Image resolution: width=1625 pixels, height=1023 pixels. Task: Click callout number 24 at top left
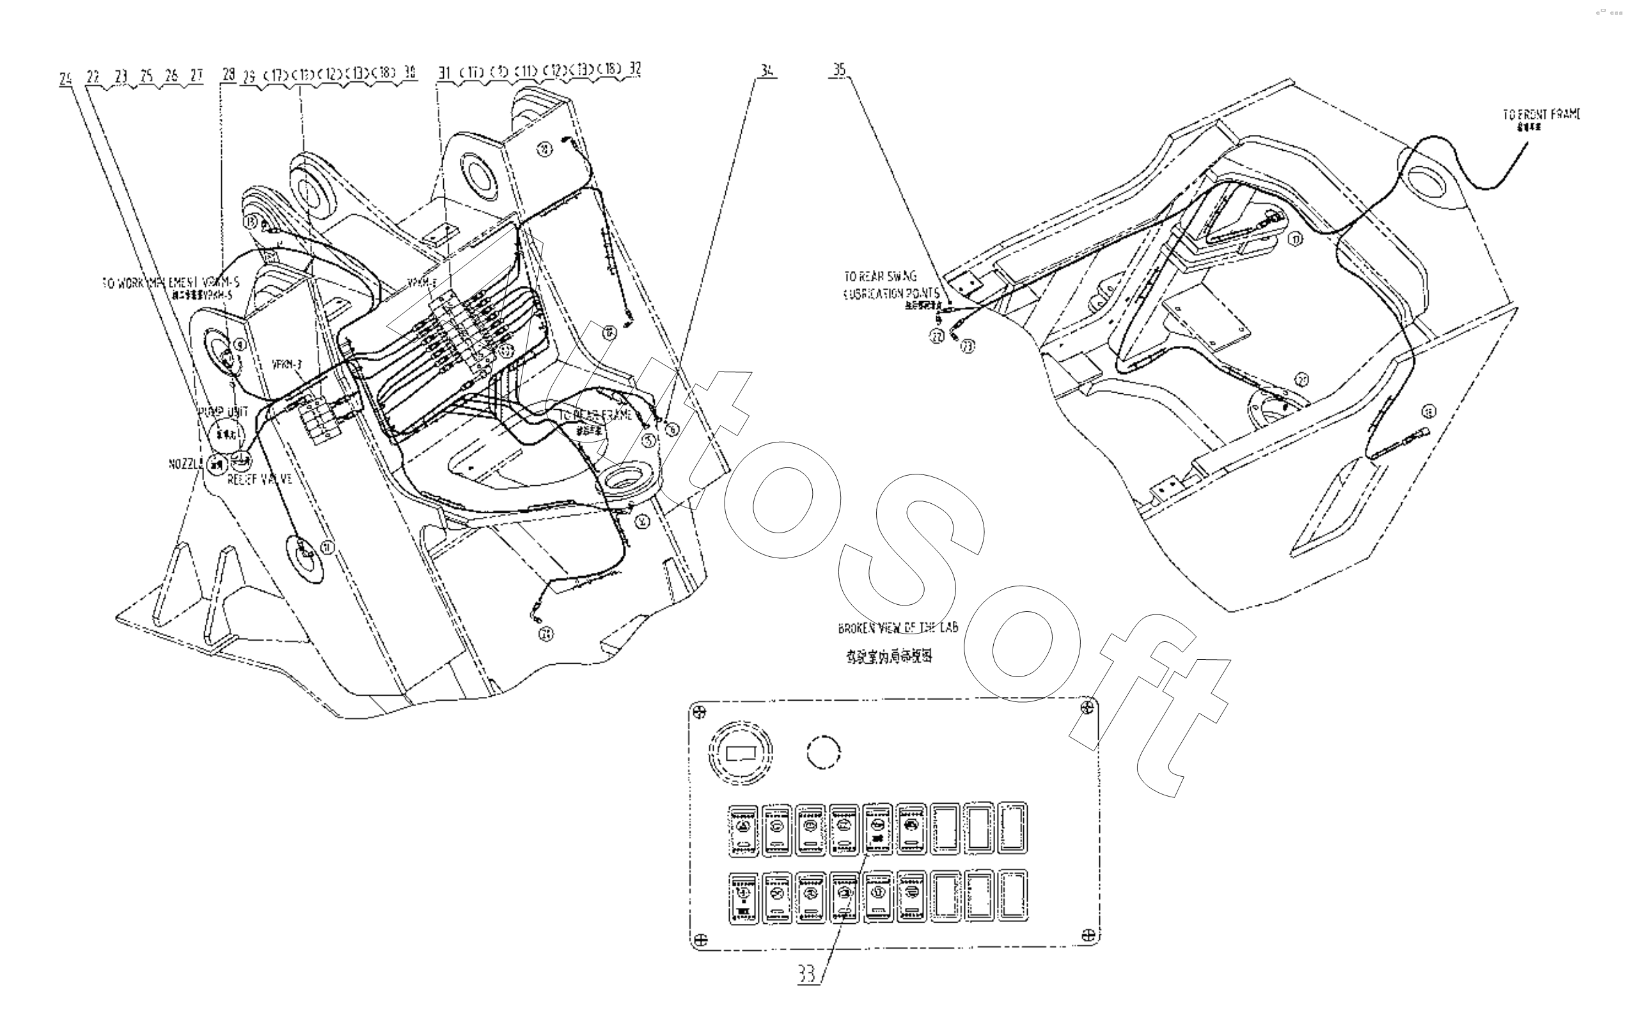65,78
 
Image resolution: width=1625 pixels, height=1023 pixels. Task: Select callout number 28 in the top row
229,74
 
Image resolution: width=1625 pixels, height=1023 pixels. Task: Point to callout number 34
767,70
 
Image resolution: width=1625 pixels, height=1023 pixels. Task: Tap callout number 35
839,70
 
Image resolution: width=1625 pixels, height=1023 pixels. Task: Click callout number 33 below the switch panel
806,973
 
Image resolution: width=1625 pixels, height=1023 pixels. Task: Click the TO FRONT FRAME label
1541,114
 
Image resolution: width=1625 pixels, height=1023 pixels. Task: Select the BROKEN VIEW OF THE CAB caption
897,628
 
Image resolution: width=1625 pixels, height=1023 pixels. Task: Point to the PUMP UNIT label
223,412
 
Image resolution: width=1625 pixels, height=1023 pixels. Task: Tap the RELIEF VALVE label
260,479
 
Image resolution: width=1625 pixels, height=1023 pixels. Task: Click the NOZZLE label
185,464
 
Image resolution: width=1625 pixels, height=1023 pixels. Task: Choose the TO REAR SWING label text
881,276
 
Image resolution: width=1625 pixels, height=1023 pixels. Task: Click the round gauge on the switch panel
741,751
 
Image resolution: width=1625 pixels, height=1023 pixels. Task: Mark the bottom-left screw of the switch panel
700,939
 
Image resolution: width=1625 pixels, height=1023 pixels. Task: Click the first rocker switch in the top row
744,829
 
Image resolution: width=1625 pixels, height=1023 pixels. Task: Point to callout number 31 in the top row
444,72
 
